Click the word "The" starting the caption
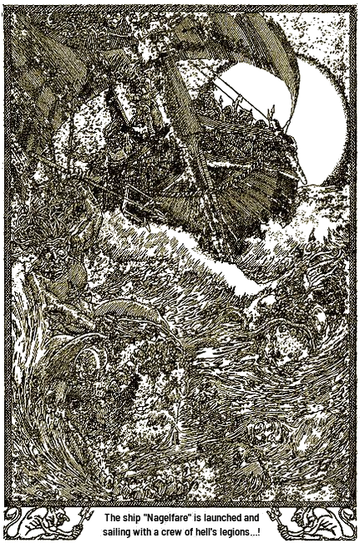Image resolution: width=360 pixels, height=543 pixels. tap(110, 518)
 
